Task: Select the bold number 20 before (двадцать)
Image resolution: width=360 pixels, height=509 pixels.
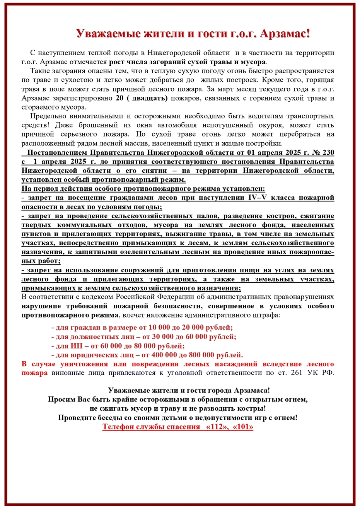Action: tap(119, 98)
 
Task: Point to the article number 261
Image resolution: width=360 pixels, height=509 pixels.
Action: tap(294, 373)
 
